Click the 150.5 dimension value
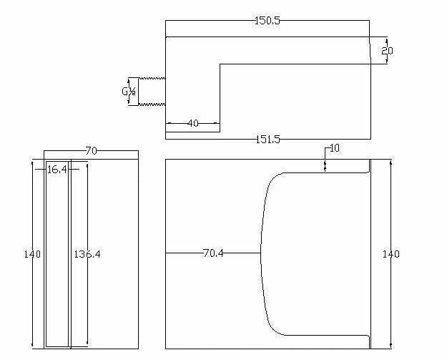(x=267, y=21)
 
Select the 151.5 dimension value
(x=268, y=140)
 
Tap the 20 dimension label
(x=387, y=51)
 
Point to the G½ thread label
(x=129, y=92)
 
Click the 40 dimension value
(x=193, y=123)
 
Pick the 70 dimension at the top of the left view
(x=92, y=150)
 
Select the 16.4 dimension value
(x=57, y=170)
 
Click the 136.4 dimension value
(x=87, y=254)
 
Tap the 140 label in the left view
(x=32, y=254)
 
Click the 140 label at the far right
(x=390, y=254)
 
